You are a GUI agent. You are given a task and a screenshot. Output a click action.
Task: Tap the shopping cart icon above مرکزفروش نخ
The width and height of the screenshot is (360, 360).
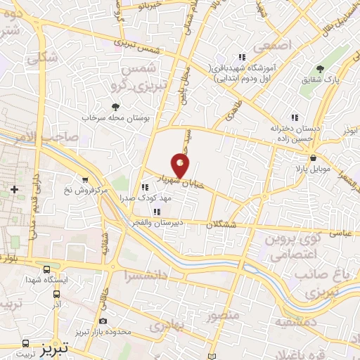84,179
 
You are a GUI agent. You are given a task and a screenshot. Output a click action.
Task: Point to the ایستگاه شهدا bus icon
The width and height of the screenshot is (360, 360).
46,269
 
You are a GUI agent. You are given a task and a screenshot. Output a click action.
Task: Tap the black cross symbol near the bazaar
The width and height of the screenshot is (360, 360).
14,190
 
